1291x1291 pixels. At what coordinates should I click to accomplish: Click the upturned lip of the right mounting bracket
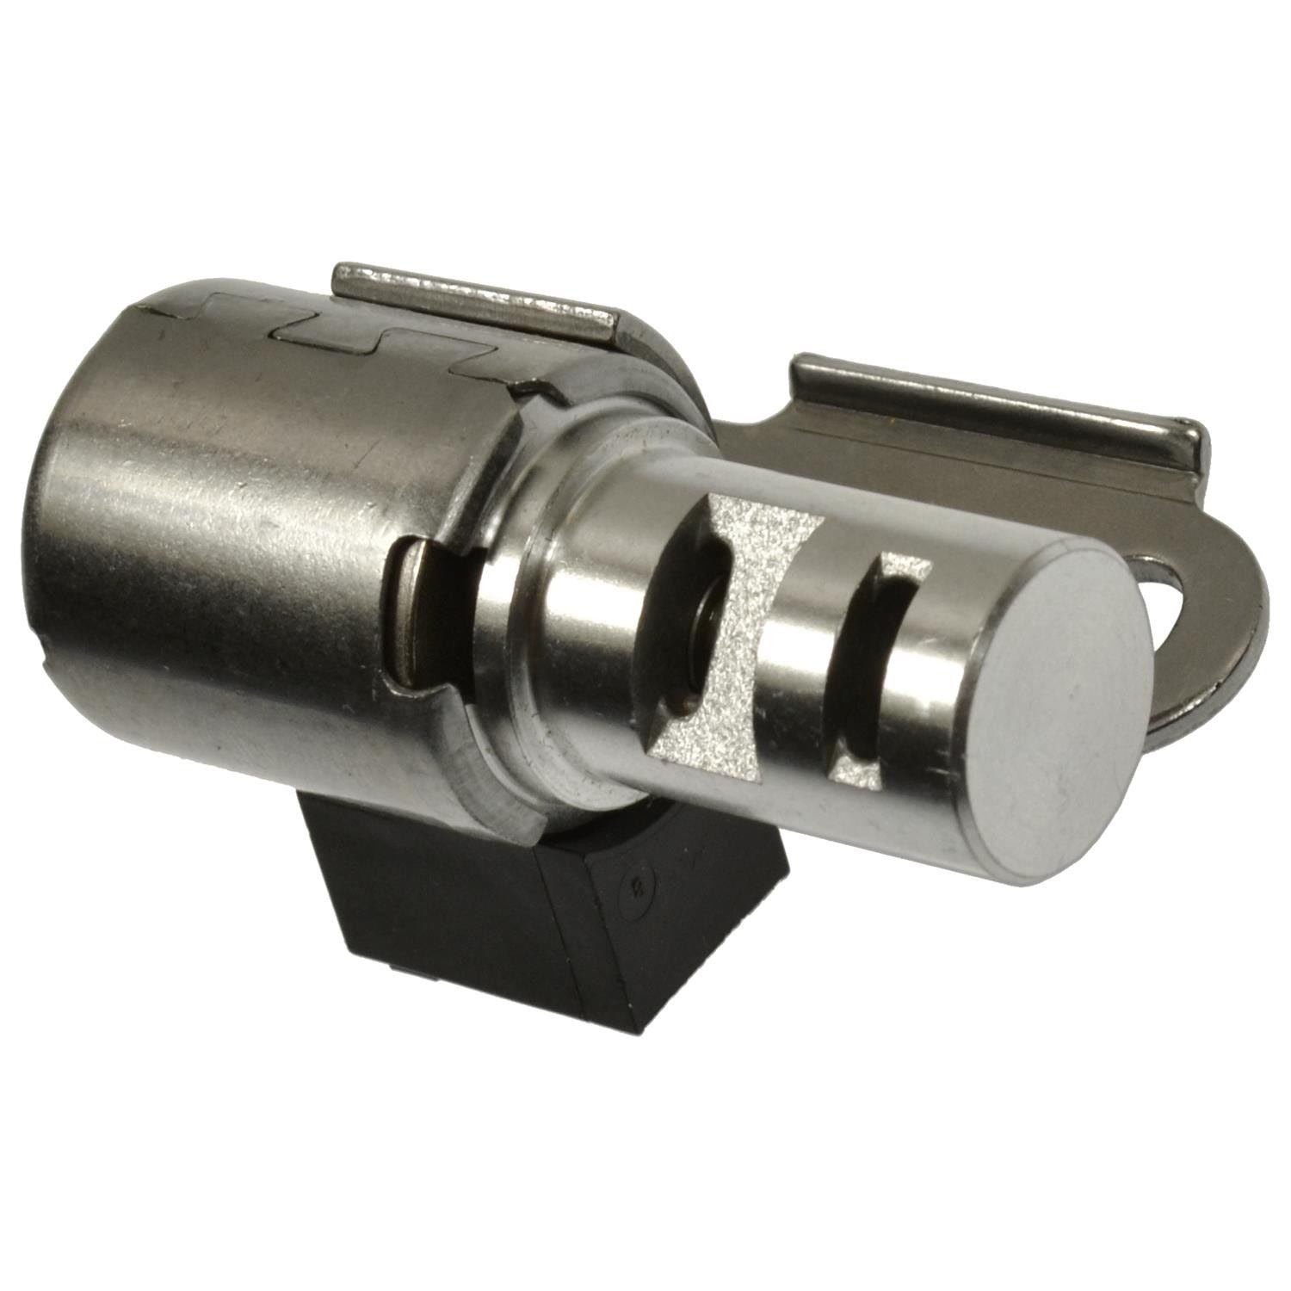tap(990, 405)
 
